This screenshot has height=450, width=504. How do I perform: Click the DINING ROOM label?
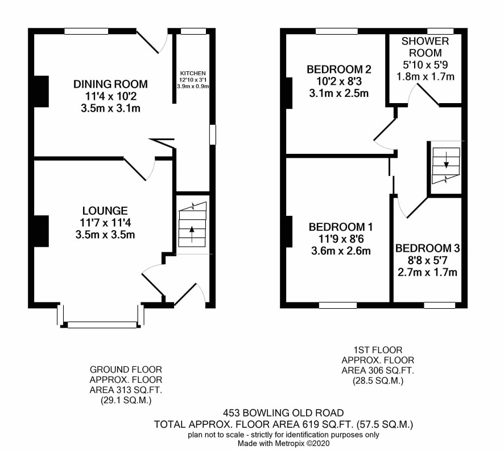coord(110,84)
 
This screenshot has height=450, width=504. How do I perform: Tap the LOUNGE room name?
coord(105,211)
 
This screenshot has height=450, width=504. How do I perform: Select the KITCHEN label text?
coord(193,73)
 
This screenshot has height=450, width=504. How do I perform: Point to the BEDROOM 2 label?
coord(339,69)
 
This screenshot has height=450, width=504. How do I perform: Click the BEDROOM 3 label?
coord(428,248)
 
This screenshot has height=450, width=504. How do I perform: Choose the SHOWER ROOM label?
coord(425,47)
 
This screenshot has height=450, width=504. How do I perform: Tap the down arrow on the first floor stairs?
coord(446,160)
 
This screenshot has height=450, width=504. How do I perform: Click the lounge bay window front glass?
coord(102,325)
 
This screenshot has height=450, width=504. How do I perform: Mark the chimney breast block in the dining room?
coord(41,91)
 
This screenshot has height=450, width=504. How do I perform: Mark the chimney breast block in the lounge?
coord(41,231)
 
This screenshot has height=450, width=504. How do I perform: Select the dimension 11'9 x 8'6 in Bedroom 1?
coord(341,239)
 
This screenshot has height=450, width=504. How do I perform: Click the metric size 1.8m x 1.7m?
coord(425,76)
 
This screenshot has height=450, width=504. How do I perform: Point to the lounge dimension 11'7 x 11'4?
coord(105,223)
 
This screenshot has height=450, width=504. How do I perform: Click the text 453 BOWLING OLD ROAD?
coord(283,412)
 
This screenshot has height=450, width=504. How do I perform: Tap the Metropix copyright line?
coord(283,443)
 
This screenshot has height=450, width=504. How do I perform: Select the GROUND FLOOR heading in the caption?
coord(126,370)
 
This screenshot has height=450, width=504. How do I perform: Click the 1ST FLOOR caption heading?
coord(378,350)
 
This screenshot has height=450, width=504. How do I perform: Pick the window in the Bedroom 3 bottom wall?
coord(439,305)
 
